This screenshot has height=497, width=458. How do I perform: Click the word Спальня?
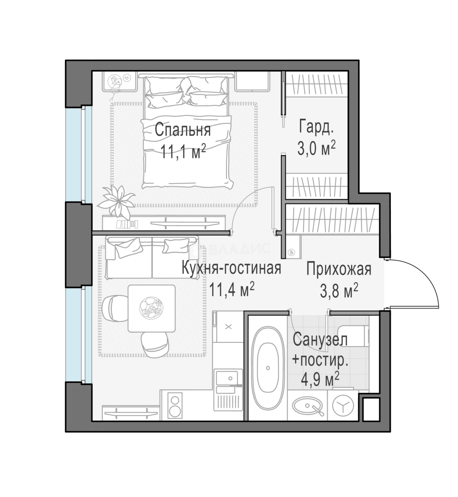point(183,130)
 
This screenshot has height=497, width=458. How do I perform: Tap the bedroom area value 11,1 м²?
point(183,151)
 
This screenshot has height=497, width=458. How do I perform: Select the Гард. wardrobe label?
point(316,127)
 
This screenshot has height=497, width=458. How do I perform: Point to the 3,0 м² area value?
point(316,148)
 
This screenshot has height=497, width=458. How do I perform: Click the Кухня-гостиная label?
point(232,268)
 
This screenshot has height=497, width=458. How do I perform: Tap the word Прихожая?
point(339,269)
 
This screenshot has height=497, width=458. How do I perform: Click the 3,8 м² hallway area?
point(339,291)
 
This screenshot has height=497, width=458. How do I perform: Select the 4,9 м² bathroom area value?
point(320,379)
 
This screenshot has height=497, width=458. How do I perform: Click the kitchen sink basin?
point(227,377)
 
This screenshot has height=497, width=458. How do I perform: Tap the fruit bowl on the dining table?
point(151,308)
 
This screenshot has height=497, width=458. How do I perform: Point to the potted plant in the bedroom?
point(116,200)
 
